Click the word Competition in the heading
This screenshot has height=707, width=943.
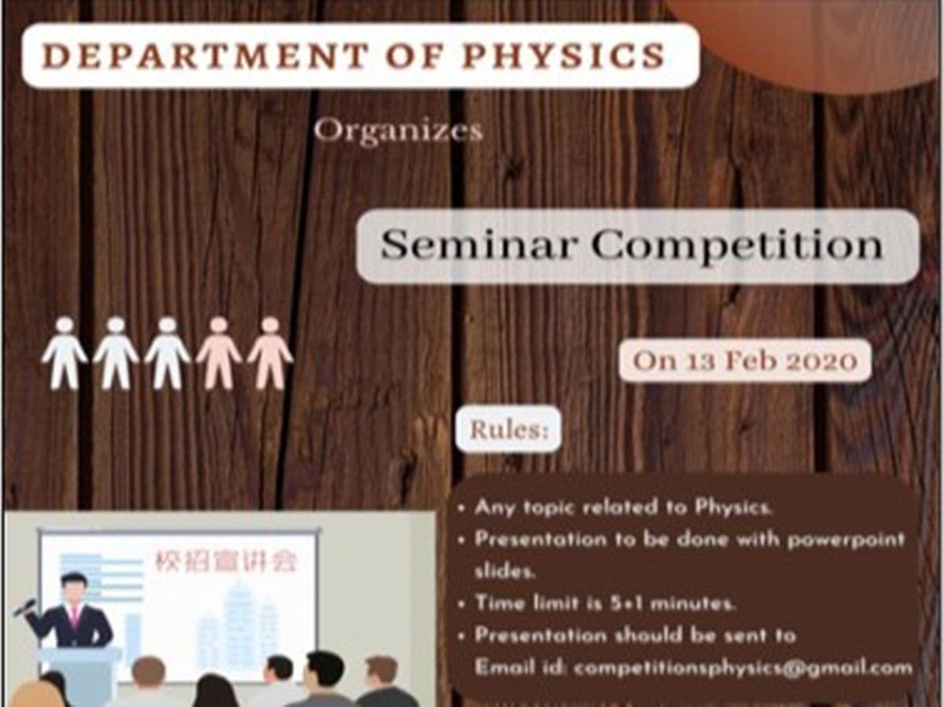[737, 245]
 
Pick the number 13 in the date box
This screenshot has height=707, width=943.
[695, 361]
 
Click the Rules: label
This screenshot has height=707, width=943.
[508, 429]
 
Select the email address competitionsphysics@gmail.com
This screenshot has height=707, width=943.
[743, 668]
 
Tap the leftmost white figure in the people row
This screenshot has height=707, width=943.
[64, 353]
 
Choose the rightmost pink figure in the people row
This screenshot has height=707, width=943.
[270, 353]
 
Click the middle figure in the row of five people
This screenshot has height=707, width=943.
[167, 353]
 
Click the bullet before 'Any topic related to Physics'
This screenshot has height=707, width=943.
[461, 507]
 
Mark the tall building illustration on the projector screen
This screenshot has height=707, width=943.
[237, 621]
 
